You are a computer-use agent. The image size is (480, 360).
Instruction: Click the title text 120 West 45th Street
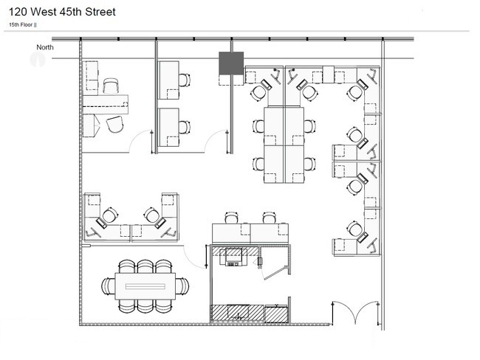(62, 12)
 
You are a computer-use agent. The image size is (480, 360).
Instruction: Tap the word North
(45, 47)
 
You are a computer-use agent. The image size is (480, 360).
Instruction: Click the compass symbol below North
(38, 59)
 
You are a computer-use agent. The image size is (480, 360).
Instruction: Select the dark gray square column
(231, 63)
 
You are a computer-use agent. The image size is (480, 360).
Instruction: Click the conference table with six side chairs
(145, 286)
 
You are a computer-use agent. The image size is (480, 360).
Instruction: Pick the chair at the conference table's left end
(109, 286)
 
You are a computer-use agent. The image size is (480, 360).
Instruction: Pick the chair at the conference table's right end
(182, 286)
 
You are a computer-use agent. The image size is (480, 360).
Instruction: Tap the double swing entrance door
(355, 313)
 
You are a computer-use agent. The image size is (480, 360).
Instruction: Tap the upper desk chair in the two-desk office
(184, 80)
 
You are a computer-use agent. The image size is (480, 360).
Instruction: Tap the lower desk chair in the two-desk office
(184, 127)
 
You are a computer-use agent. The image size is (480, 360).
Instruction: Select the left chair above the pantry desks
(231, 218)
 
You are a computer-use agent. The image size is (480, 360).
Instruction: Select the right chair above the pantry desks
(269, 218)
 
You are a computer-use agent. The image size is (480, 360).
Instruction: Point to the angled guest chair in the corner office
(115, 124)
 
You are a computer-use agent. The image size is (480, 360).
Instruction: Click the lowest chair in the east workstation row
(354, 229)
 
